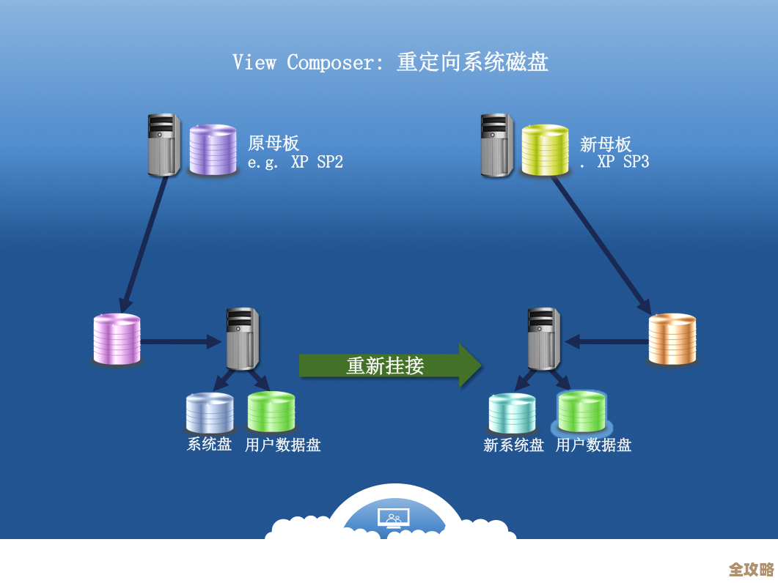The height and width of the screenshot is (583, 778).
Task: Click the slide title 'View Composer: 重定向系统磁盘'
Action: [x=390, y=62]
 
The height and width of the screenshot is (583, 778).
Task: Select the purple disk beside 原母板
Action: [x=213, y=150]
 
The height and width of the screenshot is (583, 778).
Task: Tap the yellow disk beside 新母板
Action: [x=545, y=150]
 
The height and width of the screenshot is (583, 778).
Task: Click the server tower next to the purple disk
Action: [x=164, y=145]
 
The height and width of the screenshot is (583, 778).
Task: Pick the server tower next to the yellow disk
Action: [x=496, y=145]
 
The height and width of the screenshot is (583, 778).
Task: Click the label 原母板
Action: [x=273, y=143]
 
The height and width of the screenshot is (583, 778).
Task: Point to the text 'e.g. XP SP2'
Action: [x=295, y=163]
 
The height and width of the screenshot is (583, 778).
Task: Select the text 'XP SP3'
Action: [x=623, y=163]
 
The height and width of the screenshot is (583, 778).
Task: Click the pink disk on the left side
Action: [x=117, y=339]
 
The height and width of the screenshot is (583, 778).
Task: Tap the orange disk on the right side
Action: [x=672, y=339]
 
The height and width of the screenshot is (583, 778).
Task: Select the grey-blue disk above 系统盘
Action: [x=209, y=413]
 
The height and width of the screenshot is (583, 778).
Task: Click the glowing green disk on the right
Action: [x=581, y=412]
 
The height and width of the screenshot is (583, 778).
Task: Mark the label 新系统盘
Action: [x=513, y=445]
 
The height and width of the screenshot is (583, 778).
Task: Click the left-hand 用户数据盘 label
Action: [x=282, y=445]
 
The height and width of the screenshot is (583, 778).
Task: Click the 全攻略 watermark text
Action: [x=751, y=569]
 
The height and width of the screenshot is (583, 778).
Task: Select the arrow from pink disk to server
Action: [x=180, y=341]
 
